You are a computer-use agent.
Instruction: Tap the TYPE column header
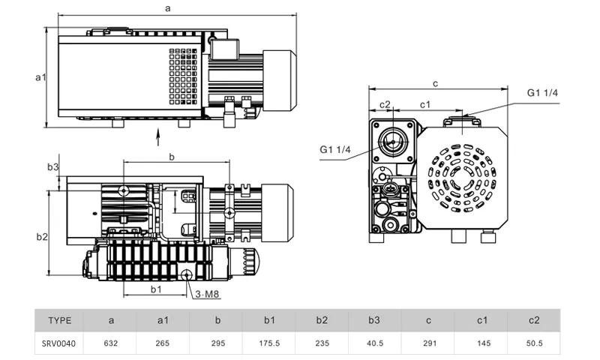coord(60,320)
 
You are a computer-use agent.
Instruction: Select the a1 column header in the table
coord(163,320)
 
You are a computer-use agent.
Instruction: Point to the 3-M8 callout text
coord(207,294)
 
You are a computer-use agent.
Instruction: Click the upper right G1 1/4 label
coord(542,92)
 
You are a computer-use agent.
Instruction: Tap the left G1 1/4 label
coord(335,149)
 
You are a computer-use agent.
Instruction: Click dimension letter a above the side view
coord(167,7)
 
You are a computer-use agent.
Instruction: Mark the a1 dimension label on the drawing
coord(42,77)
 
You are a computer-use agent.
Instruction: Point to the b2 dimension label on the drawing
coord(42,237)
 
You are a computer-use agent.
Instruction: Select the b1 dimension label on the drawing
coord(156,288)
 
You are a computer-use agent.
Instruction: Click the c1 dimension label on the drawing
coord(424,103)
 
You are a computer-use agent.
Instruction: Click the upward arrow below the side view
coord(158,136)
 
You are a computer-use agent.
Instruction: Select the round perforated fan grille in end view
coord(463,178)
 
